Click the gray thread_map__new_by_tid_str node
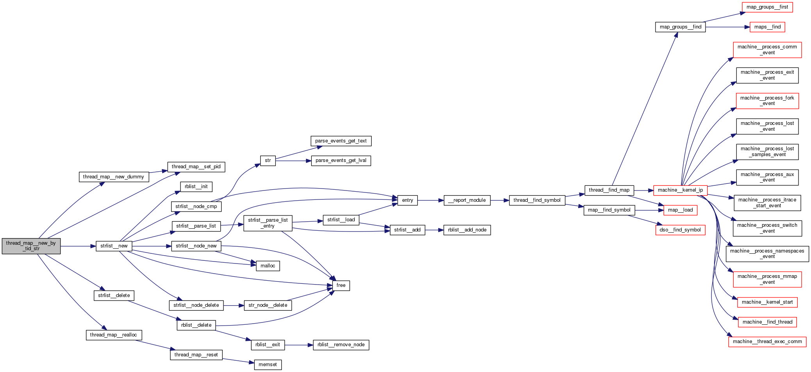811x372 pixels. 31,246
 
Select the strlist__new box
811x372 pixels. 114,246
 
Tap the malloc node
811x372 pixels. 268,266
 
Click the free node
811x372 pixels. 341,285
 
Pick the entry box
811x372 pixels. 407,200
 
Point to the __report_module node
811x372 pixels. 467,200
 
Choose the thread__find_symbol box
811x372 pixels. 537,200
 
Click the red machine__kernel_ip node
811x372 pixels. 680,190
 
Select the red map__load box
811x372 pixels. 680,210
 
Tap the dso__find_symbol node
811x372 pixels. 680,230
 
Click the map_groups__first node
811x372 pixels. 767,7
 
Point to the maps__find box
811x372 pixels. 767,27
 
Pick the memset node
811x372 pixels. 268,365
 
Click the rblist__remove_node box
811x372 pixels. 341,345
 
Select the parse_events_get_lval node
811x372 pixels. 341,160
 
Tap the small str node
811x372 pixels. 268,160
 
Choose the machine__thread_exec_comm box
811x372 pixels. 767,342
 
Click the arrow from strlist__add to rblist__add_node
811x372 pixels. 434,230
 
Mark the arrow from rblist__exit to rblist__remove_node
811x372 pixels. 299,345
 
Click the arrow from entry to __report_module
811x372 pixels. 431,200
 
